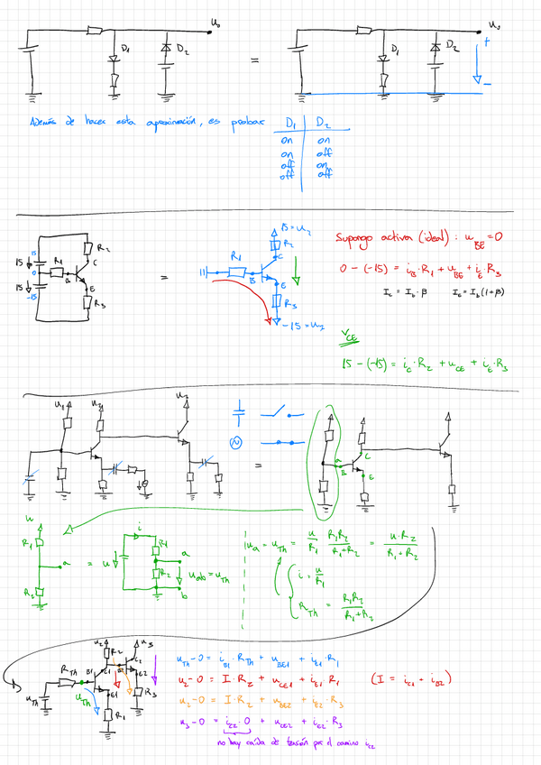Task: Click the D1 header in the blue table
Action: pyautogui.click(x=290, y=123)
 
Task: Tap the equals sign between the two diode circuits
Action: pyautogui.click(x=254, y=61)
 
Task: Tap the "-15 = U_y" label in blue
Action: pyautogui.click(x=305, y=324)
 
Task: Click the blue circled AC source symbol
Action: pyautogui.click(x=238, y=442)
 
